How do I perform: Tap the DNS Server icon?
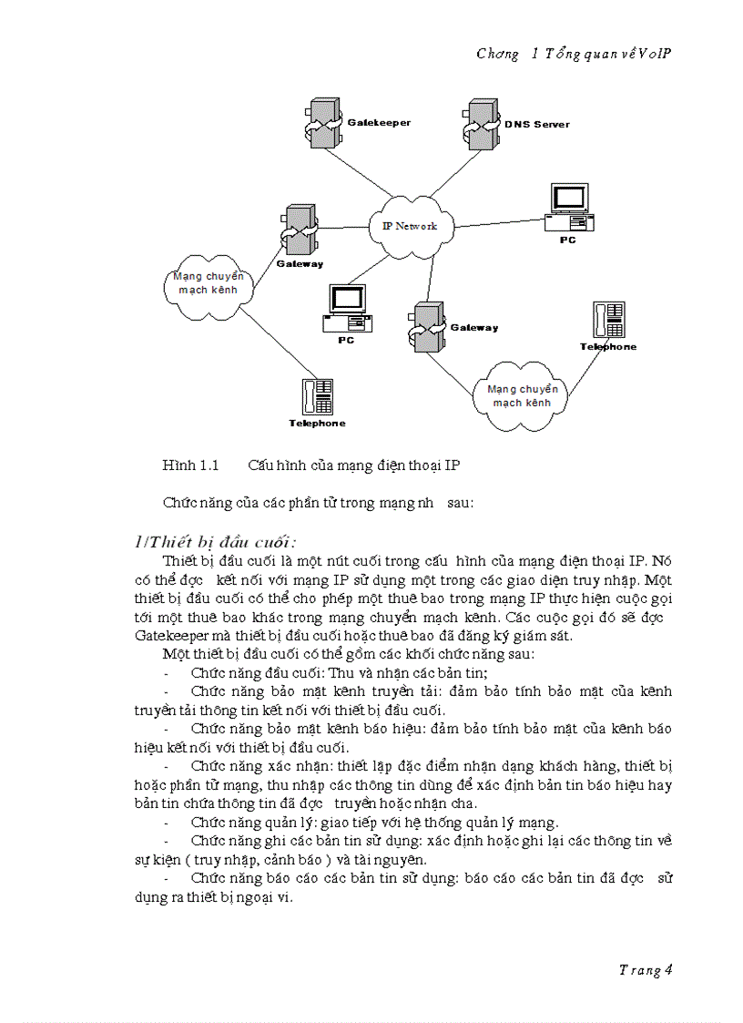point(478,123)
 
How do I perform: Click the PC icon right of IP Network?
point(570,209)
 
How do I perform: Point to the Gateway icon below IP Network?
point(427,327)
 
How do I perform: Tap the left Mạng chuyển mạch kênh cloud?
point(209,283)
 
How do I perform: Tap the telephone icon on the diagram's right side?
point(608,321)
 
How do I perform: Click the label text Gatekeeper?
point(380,122)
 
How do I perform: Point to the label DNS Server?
point(537,124)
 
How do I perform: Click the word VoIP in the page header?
point(655,53)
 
